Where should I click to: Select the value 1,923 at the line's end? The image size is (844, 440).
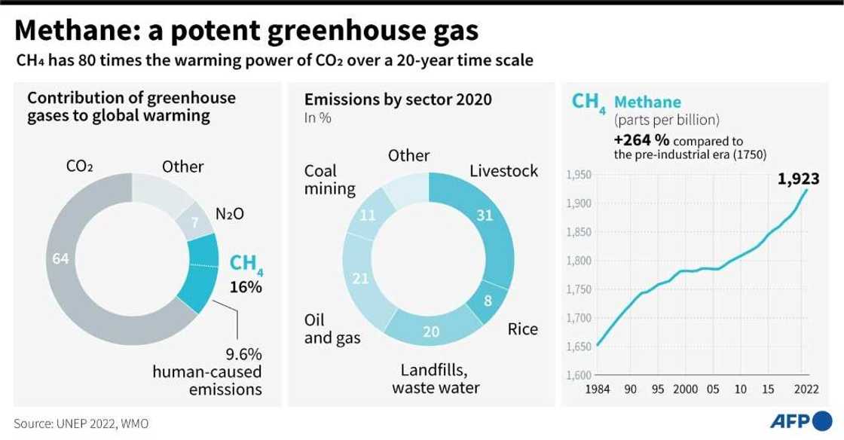799,179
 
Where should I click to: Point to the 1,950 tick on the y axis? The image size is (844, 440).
578,176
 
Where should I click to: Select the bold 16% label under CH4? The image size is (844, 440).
246,287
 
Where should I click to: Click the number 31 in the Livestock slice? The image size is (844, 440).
485,215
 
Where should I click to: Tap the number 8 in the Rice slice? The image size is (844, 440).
488,301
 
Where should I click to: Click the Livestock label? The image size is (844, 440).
503,171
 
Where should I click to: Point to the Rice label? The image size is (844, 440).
522,329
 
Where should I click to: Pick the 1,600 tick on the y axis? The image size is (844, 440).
578,375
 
